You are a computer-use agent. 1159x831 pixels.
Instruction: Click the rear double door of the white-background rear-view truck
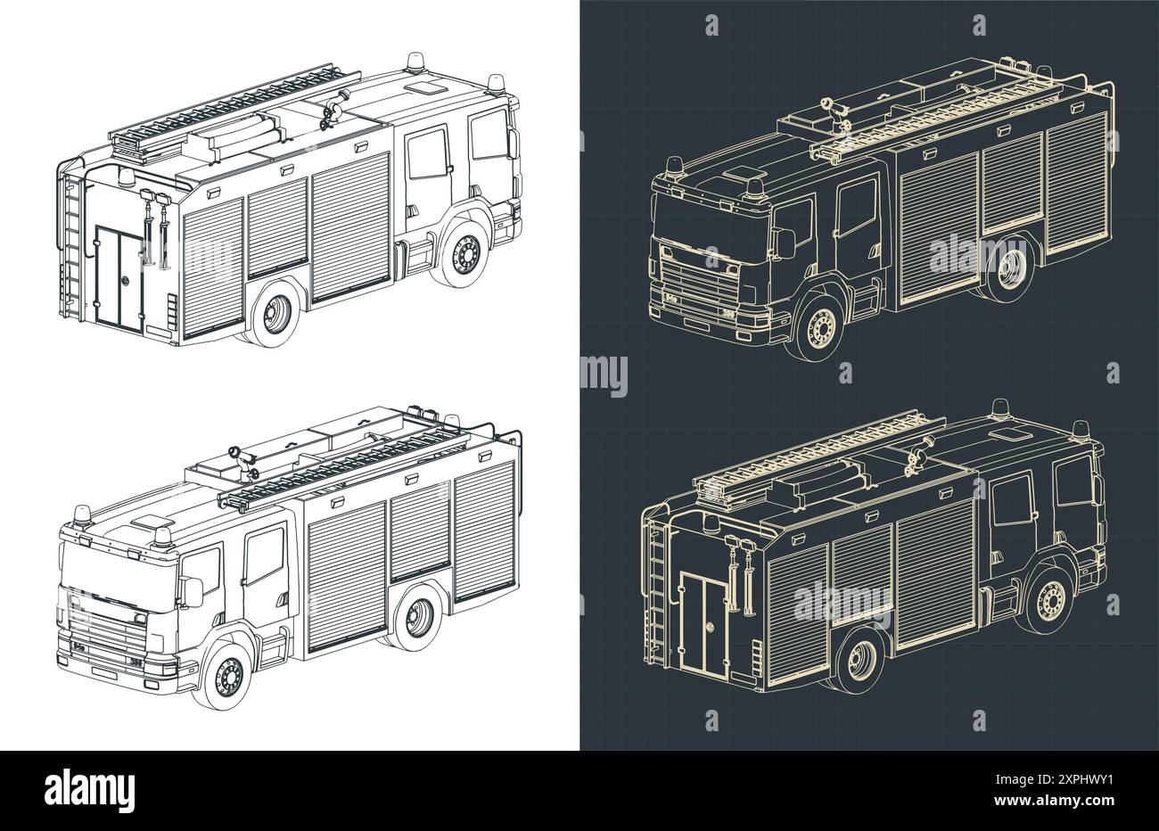pos(119,276)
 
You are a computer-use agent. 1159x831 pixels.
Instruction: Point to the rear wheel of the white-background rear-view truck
pos(274,313)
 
